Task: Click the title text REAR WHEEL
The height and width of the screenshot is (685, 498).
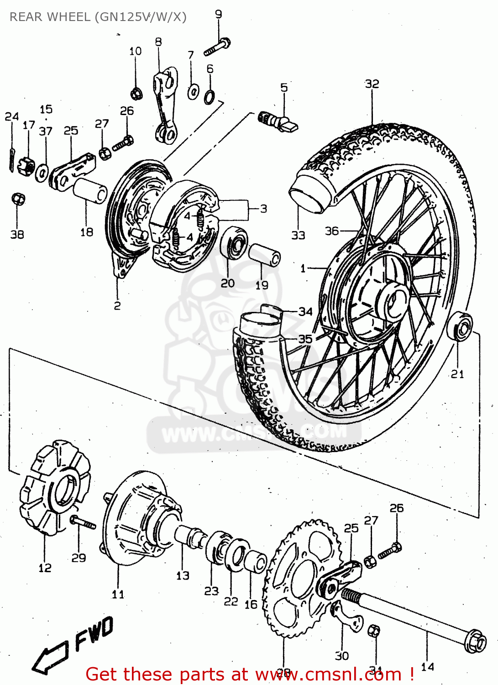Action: (x=50, y=17)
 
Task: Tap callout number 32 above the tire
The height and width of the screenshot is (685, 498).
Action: (x=372, y=84)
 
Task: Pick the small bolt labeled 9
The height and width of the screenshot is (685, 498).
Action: (x=217, y=47)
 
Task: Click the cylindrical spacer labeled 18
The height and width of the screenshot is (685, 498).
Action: (x=90, y=190)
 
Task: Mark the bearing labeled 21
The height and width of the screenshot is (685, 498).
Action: (x=460, y=325)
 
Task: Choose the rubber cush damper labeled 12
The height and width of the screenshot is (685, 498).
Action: (x=54, y=486)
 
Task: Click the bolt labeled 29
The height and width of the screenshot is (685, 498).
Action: (x=83, y=522)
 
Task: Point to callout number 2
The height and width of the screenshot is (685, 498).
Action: (x=117, y=306)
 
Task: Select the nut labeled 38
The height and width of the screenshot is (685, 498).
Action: (x=17, y=199)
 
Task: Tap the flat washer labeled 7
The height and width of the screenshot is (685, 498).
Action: (x=193, y=91)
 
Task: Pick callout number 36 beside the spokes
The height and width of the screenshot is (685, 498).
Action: (x=331, y=231)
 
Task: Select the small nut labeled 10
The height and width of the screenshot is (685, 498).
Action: (x=136, y=94)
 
